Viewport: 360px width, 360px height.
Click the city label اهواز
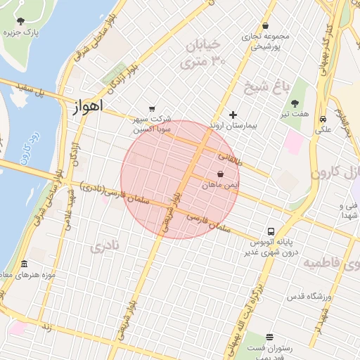87,107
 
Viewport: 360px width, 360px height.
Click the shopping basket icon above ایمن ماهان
221,174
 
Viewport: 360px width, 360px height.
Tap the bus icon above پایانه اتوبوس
271,231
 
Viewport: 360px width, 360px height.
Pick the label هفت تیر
298,115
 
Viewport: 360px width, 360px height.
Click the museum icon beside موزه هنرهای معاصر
25,263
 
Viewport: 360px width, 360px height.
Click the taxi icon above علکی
322,119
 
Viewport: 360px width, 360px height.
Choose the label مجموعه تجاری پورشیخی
262,43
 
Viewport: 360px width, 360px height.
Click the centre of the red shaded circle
181,180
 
